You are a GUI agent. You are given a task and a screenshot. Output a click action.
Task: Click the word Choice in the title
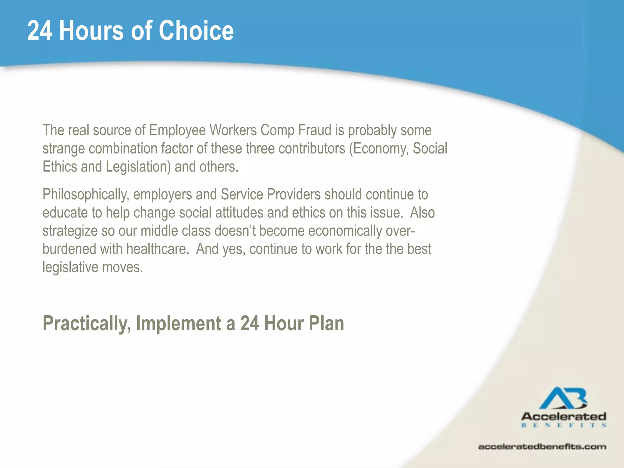[x=196, y=30]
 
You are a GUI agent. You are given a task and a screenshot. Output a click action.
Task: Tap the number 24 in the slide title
[x=40, y=30]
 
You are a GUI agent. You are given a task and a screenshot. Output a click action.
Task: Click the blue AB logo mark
[x=563, y=398]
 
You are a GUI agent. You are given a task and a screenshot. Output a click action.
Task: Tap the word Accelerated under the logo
[x=563, y=416]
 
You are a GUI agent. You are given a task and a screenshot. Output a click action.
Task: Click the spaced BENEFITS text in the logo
[x=563, y=425]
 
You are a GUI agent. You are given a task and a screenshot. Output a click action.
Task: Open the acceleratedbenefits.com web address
[x=542, y=447]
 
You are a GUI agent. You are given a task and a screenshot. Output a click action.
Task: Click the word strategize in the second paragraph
[x=70, y=231]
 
